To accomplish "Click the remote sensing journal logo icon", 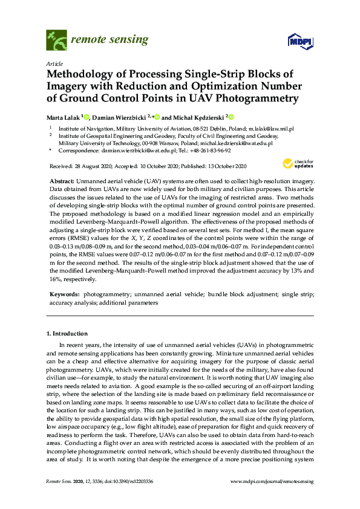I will (x=56, y=41).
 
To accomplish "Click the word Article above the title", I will (x=53, y=63).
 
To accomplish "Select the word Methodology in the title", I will (x=85, y=74).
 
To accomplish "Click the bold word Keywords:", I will (x=64, y=294).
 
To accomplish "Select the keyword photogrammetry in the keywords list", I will (x=103, y=294).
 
